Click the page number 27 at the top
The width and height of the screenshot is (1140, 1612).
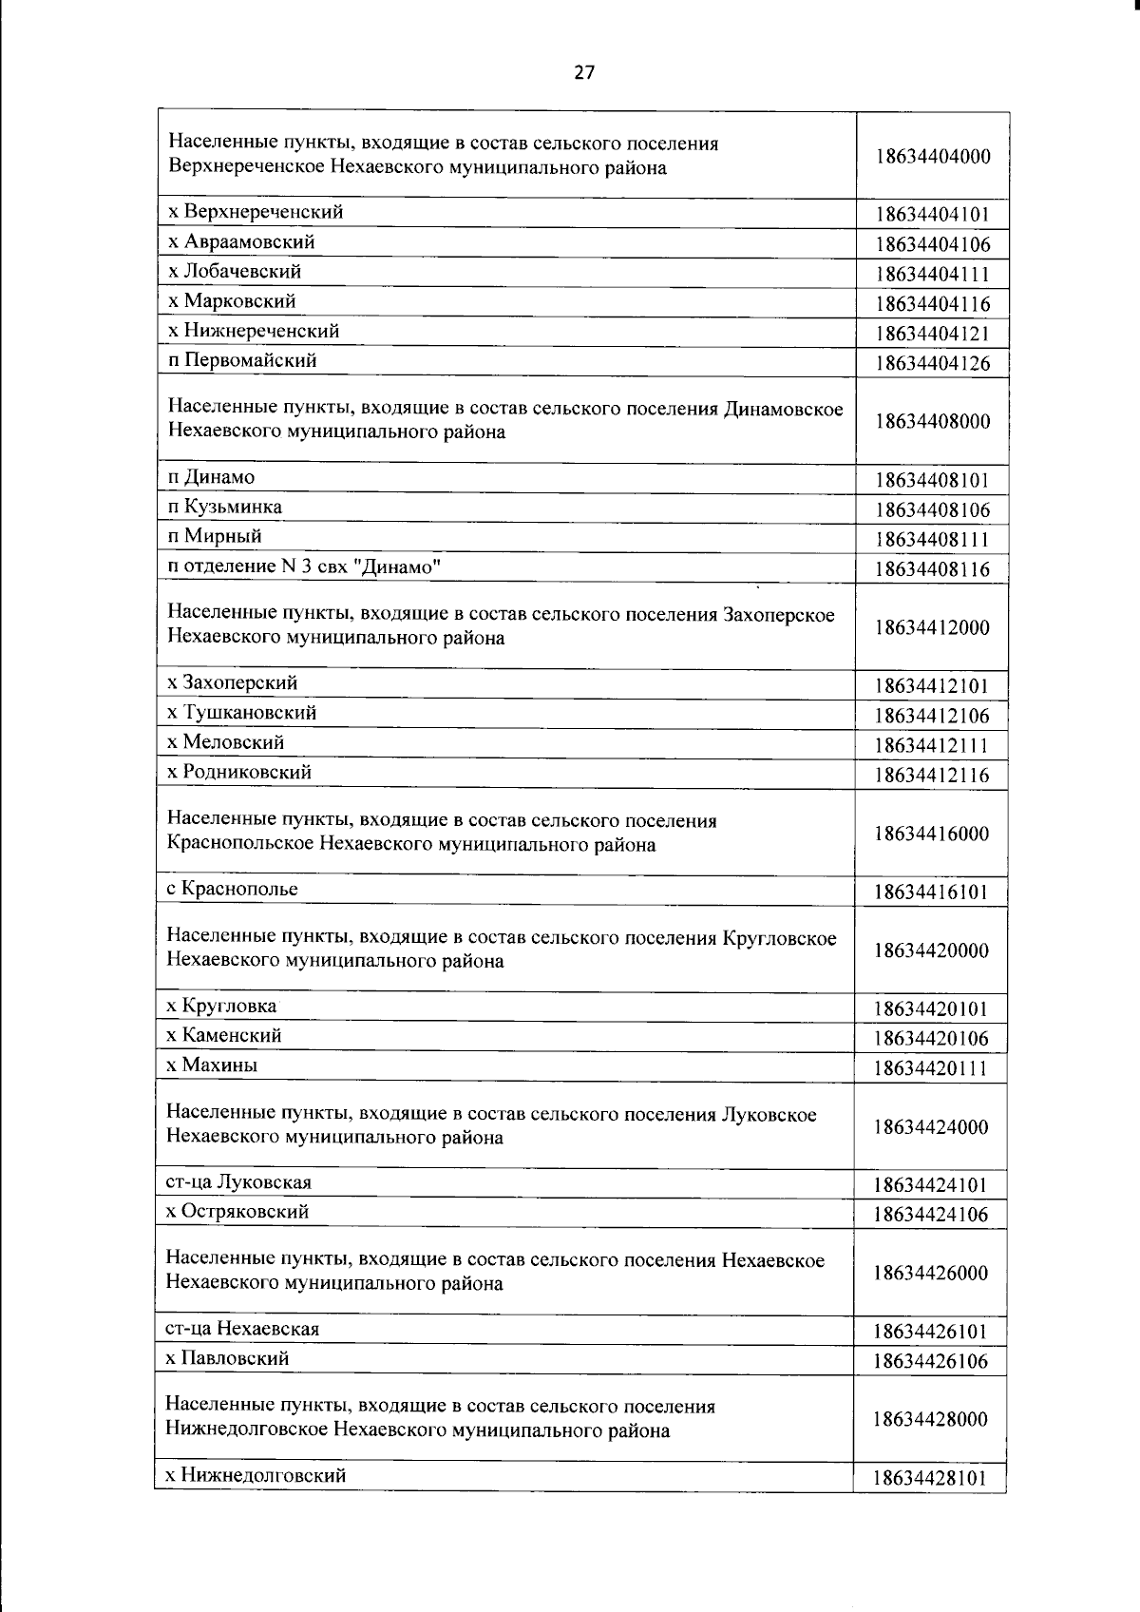(x=584, y=71)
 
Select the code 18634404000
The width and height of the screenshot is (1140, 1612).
(x=932, y=157)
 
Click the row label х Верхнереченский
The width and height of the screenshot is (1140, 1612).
(x=256, y=212)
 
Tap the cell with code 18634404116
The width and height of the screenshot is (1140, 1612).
(x=932, y=304)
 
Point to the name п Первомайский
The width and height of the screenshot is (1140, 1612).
(x=242, y=360)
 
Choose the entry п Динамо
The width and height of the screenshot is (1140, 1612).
(x=211, y=477)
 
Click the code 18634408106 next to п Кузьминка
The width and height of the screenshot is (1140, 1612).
(x=932, y=509)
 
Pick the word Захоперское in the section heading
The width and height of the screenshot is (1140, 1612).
(x=779, y=614)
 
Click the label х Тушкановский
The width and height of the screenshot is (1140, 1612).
(x=242, y=712)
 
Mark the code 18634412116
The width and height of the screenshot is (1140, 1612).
(x=931, y=775)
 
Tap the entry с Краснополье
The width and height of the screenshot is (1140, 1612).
(x=232, y=889)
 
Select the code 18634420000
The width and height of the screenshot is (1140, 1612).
(x=931, y=950)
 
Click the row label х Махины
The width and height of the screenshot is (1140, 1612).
(x=212, y=1065)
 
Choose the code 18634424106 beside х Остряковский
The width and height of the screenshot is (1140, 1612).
(x=930, y=1214)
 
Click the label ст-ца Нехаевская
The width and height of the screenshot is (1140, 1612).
(x=242, y=1329)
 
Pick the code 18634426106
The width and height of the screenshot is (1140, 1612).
(x=930, y=1361)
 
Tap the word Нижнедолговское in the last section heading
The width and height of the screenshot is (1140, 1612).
(x=247, y=1430)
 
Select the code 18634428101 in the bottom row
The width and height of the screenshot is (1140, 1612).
(x=930, y=1478)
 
